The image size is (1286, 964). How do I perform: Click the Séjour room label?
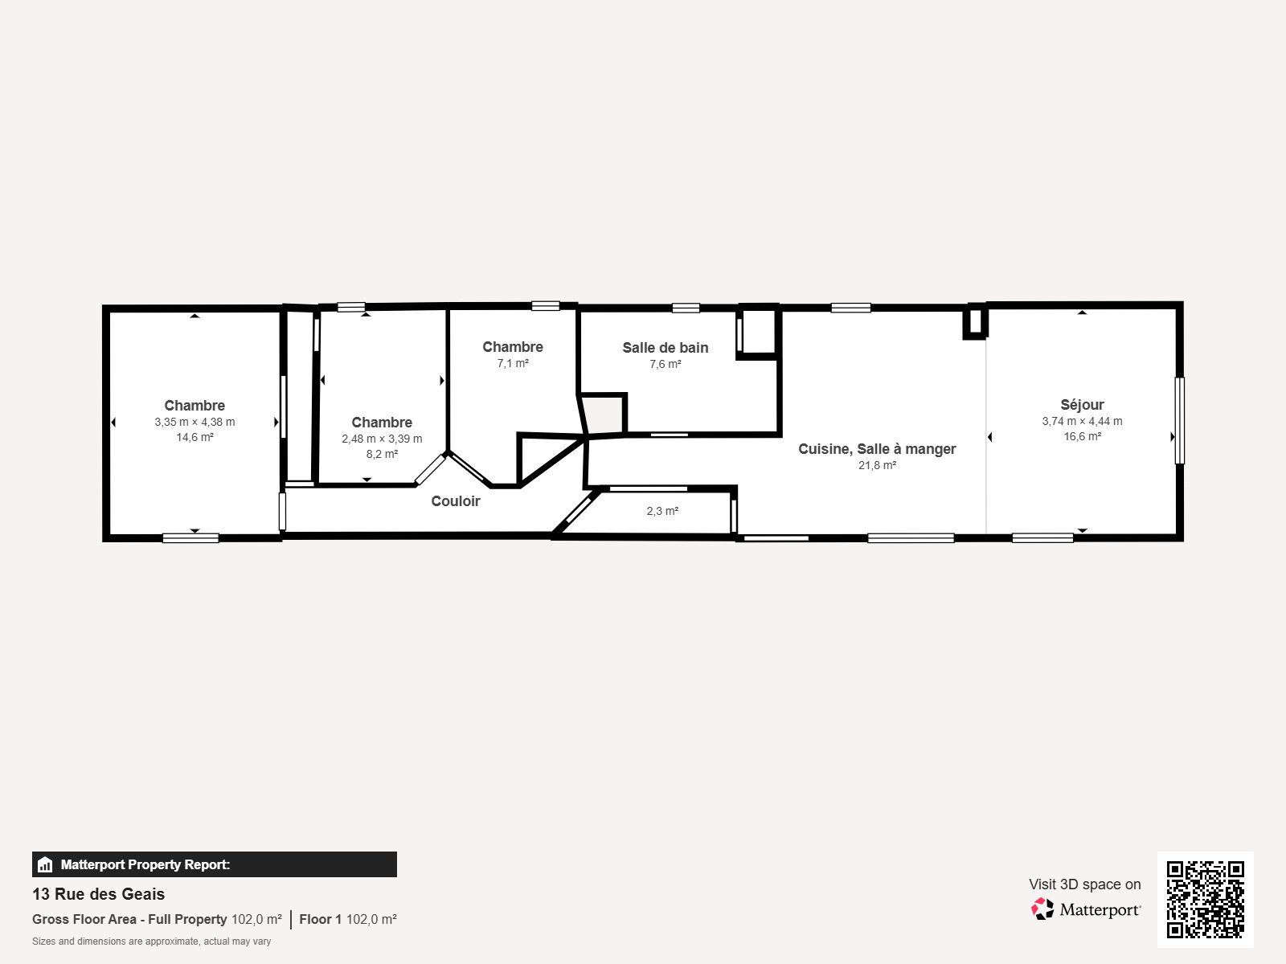(1082, 405)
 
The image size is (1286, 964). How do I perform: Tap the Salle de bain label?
(665, 348)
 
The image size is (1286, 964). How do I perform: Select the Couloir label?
(455, 501)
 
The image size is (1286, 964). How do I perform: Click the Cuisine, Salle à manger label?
(877, 449)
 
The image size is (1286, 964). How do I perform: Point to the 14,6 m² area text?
(195, 438)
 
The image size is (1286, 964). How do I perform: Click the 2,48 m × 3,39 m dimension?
(382, 439)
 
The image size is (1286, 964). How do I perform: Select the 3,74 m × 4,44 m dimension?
(1082, 421)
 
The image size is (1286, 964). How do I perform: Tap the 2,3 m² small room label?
(662, 511)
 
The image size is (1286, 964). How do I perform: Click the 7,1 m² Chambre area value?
(512, 364)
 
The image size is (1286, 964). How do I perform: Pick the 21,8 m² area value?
(877, 466)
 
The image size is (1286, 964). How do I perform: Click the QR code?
(1205, 899)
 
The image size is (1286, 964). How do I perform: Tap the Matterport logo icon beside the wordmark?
(1042, 909)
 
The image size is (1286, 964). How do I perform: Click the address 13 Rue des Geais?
(98, 894)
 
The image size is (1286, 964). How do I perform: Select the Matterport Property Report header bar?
(214, 864)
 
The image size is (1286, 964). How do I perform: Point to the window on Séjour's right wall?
(1179, 420)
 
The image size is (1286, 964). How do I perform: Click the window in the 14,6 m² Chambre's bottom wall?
(190, 538)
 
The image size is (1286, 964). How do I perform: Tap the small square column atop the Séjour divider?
(975, 321)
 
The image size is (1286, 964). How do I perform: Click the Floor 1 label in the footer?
(320, 919)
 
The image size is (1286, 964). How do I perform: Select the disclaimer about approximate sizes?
(151, 942)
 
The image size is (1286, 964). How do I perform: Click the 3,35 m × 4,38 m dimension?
(195, 422)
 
